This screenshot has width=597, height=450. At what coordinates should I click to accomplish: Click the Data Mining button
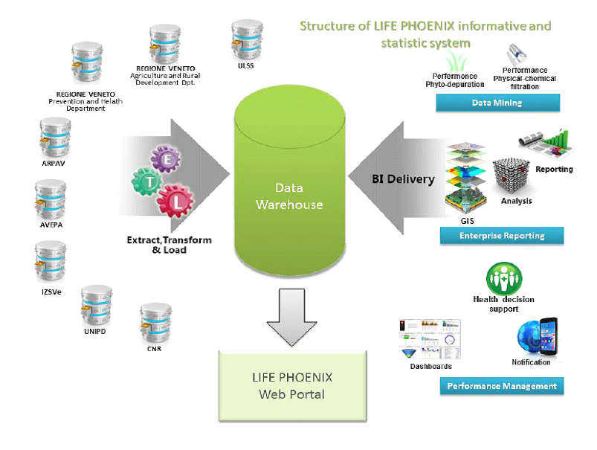tap(499, 103)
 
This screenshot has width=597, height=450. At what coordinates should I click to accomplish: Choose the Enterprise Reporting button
tap(502, 236)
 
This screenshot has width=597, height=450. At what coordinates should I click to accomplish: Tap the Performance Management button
tap(502, 386)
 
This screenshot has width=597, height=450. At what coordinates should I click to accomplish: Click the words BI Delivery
tap(403, 179)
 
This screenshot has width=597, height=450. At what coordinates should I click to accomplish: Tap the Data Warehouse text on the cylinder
tap(289, 196)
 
